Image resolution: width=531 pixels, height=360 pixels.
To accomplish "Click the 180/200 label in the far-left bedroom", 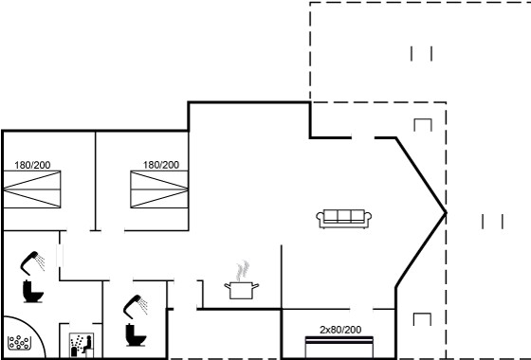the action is (x=32, y=165).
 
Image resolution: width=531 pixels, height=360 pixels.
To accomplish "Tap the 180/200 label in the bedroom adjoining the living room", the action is (x=161, y=165).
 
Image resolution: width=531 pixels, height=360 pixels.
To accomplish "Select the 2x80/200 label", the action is (x=340, y=330).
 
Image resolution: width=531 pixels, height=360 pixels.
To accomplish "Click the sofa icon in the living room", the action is (x=343, y=219).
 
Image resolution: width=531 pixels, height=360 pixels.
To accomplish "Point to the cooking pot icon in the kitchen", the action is (x=242, y=290).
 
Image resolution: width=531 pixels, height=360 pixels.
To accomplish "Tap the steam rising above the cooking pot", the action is (x=243, y=271).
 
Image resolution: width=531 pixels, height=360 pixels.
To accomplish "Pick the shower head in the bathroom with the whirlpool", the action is (x=32, y=262).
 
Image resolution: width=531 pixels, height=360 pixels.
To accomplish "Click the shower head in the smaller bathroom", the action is (x=135, y=307).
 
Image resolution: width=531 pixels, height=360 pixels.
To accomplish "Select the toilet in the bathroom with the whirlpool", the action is (x=33, y=292).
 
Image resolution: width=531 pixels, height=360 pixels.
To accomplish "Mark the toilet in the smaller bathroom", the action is (x=136, y=335).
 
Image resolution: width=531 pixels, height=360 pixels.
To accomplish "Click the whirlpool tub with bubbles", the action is (x=19, y=342).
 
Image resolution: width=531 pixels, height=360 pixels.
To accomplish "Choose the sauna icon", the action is (x=82, y=345).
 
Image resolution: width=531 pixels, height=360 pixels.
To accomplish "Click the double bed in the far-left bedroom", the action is (x=32, y=189).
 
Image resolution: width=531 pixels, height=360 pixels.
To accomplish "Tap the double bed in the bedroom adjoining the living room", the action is (x=159, y=189).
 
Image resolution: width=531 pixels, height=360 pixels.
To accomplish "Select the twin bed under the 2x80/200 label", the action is (x=339, y=347).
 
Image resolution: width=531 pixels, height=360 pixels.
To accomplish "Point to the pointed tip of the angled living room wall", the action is (x=446, y=213).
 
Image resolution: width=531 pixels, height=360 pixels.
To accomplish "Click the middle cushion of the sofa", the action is (x=343, y=216).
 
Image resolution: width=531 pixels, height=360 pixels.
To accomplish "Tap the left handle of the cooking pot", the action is (x=228, y=286).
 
